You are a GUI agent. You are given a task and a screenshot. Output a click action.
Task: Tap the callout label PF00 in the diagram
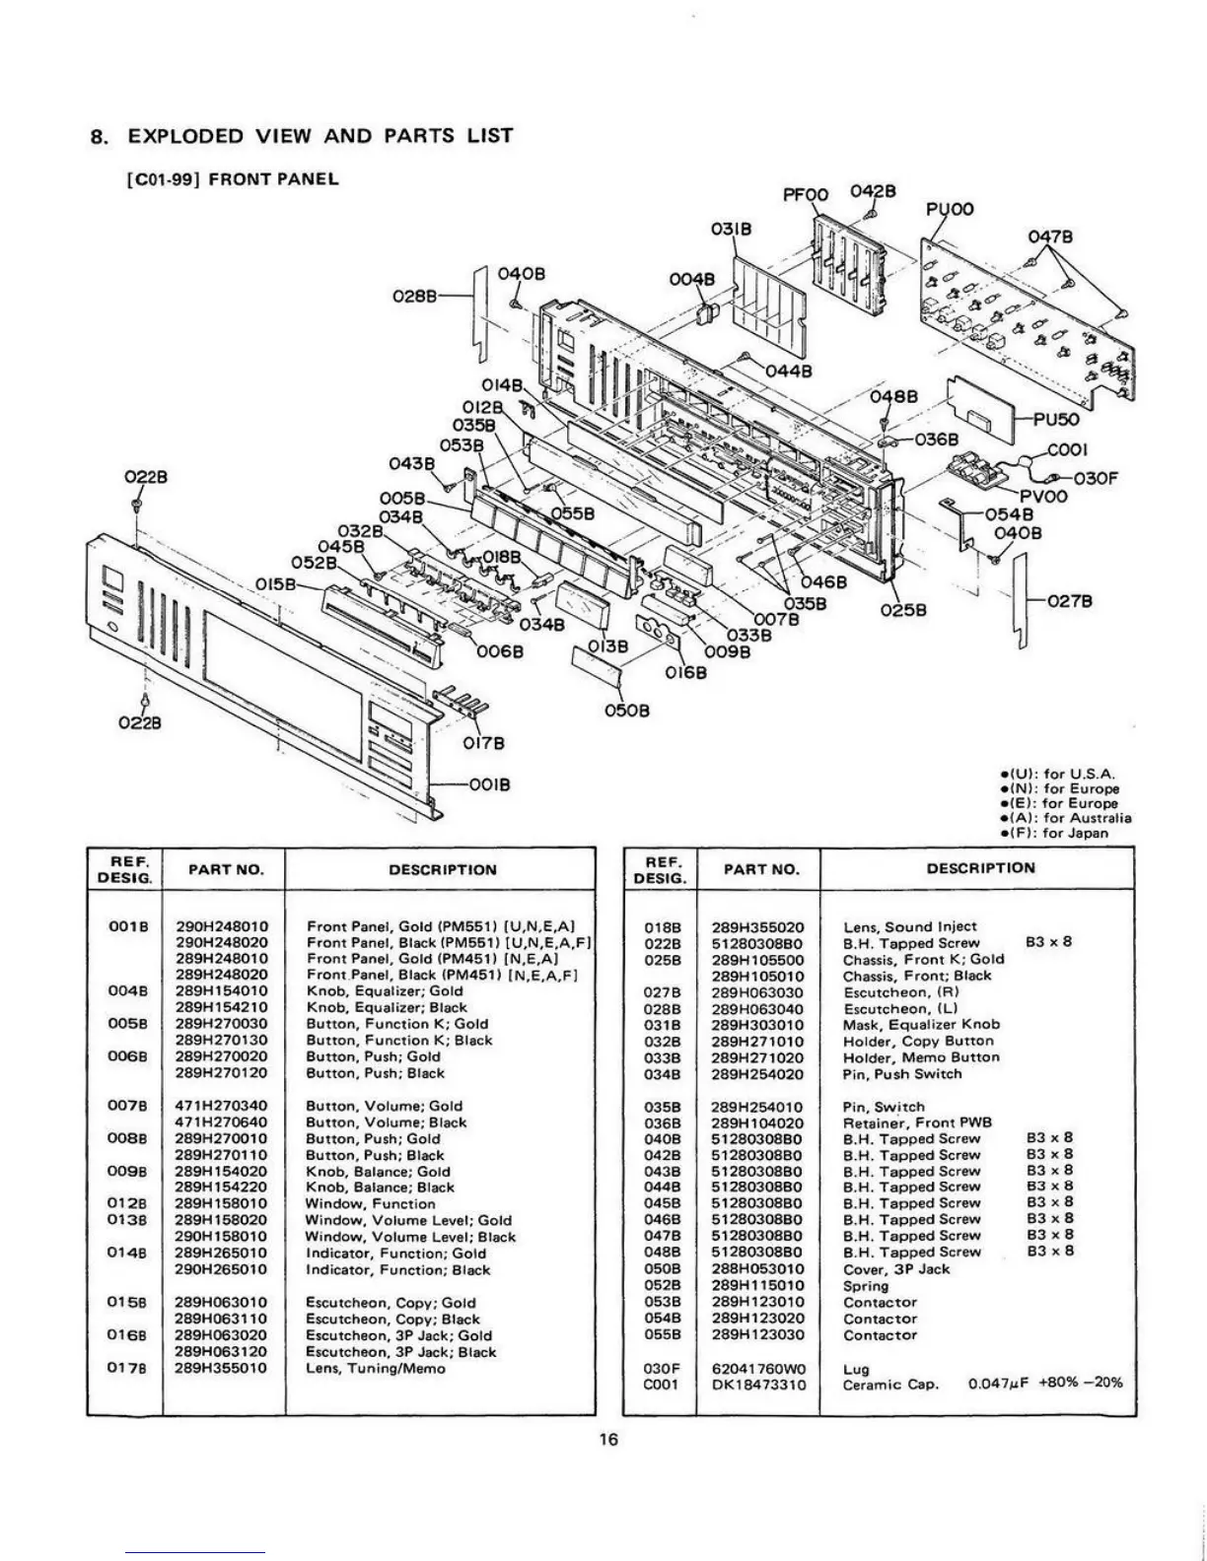[805, 195]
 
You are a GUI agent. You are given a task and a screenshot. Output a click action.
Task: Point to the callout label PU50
[1056, 418]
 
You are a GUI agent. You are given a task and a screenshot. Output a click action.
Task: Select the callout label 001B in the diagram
[483, 785]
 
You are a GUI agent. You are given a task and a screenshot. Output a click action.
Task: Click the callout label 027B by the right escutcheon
[1068, 602]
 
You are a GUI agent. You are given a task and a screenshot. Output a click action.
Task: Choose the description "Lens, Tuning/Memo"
[376, 1369]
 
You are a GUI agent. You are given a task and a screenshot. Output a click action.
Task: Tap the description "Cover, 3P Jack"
[896, 1269]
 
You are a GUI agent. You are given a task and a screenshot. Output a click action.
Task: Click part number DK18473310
[758, 1385]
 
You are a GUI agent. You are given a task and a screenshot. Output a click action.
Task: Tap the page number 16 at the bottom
[608, 1441]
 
